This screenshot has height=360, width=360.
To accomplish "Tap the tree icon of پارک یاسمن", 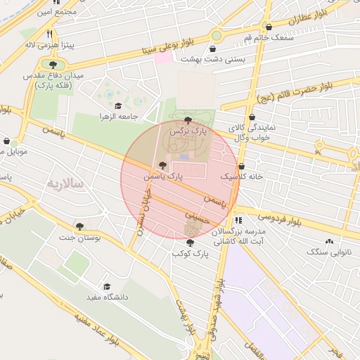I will click(x=162, y=165).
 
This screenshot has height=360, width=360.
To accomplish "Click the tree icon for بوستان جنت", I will click(x=79, y=226).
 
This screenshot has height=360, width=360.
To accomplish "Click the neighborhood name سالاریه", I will click(x=65, y=184).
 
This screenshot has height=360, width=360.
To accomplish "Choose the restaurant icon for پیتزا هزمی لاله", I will click(x=49, y=34).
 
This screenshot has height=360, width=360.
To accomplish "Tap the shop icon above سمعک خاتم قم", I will click(x=269, y=27).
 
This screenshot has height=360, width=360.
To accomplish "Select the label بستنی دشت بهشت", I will click(x=213, y=59).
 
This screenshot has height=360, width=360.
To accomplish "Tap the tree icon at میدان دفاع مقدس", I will click(x=53, y=65).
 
